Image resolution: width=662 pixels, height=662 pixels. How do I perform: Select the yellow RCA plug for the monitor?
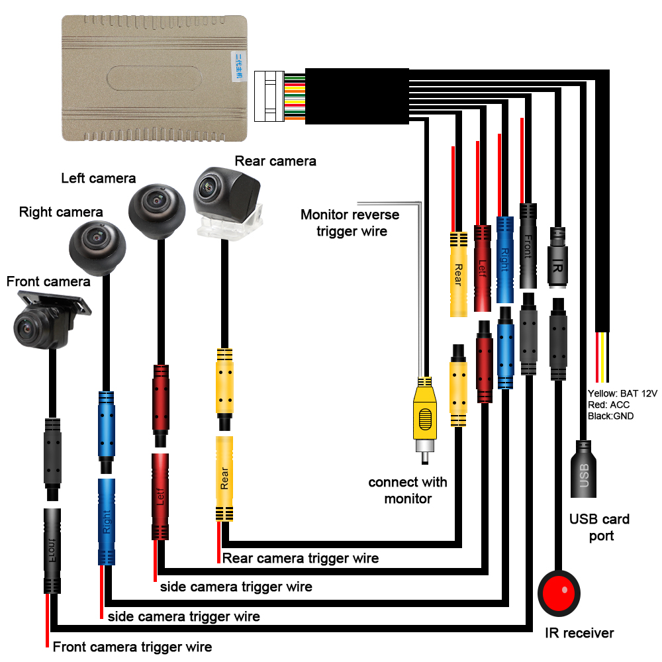click(424, 417)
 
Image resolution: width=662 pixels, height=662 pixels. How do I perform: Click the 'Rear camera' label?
click(275, 161)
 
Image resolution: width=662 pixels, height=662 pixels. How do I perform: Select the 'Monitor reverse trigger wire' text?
click(350, 222)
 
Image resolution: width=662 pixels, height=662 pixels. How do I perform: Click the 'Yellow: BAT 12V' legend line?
click(622, 393)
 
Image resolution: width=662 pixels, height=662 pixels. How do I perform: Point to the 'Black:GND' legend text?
click(610, 416)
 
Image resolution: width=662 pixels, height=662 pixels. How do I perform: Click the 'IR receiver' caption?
click(580, 633)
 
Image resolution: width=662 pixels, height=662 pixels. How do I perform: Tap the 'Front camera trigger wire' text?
click(132, 647)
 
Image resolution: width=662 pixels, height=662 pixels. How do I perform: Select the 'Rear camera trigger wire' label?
click(301, 558)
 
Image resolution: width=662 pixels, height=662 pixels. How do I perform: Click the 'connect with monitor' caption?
click(408, 490)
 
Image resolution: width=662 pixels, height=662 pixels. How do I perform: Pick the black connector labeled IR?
click(558, 258)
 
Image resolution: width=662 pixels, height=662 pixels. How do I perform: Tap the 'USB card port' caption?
click(600, 527)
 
